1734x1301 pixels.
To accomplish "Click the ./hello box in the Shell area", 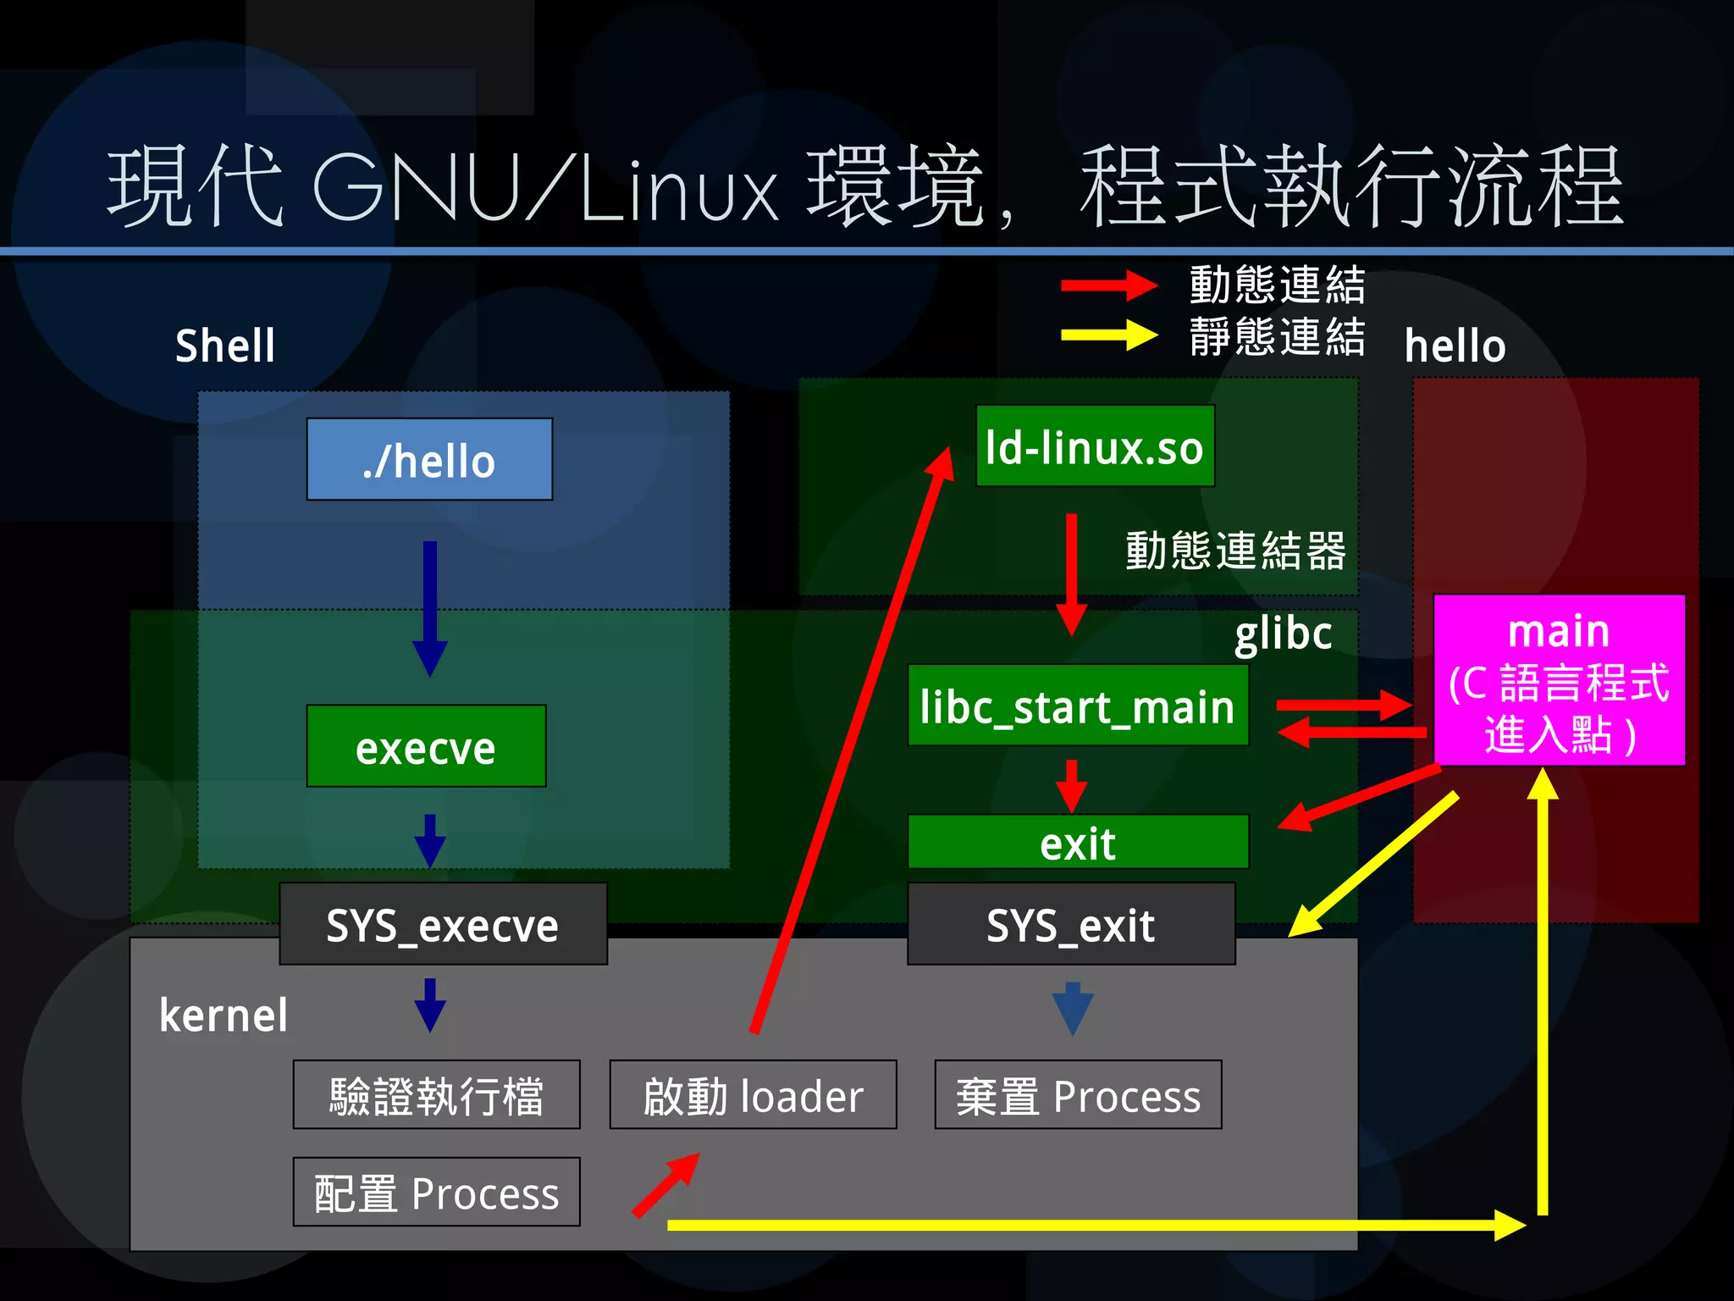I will tap(429, 459).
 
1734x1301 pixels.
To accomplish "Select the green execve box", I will tap(426, 746).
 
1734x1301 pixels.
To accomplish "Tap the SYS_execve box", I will tap(443, 924).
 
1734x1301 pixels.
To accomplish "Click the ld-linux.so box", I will tap(1095, 446).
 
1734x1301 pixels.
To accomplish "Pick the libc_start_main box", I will tap(1077, 705).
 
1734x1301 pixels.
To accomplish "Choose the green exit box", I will tap(1077, 842).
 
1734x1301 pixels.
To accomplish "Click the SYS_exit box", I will tap(1070, 924).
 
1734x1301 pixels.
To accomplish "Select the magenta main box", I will tap(1559, 680).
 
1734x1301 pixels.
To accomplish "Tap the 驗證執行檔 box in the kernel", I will tap(436, 1094).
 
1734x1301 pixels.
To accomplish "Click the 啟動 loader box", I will tap(753, 1094).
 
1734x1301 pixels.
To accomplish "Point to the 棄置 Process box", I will tap(1078, 1094).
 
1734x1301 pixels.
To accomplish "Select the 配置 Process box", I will tap(436, 1192).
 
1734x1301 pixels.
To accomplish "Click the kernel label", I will tap(224, 1015).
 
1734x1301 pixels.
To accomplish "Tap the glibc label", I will tap(1283, 633).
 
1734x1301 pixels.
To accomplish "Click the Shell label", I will tap(225, 346).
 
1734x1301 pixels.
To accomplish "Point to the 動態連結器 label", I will tap(1235, 551).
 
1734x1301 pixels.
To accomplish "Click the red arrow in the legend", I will tap(1107, 285).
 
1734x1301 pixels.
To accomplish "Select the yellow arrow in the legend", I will tap(1107, 335).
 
